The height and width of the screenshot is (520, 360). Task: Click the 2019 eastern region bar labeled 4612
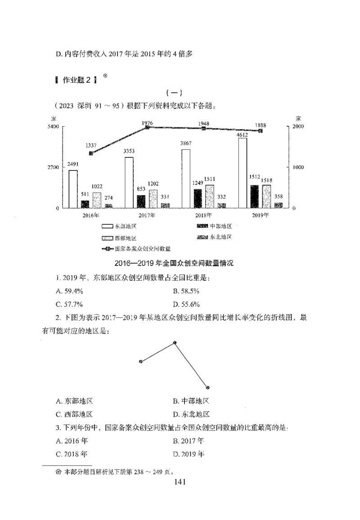[243, 173]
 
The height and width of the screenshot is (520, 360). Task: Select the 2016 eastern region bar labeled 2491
[73, 189]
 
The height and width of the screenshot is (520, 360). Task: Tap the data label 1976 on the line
[147, 123]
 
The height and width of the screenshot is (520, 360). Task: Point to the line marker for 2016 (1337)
[91, 153]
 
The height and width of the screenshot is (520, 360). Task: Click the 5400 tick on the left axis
[53, 127]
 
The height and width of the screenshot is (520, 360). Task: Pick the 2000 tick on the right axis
[299, 127]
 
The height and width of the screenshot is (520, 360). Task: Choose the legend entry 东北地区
[214, 237]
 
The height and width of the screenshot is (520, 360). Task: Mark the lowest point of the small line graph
[207, 387]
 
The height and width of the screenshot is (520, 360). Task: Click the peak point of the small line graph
[175, 343]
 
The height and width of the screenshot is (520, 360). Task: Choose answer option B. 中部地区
[191, 401]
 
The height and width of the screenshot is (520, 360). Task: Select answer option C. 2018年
[72, 454]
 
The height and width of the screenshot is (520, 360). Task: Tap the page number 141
[180, 482]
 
